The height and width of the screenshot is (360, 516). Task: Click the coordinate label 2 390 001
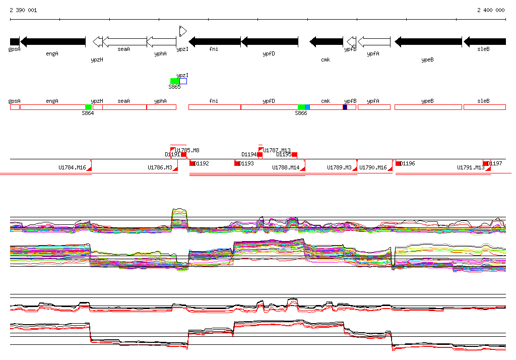(23, 10)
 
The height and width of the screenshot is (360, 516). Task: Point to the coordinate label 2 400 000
(491, 10)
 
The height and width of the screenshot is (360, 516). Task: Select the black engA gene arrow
(53, 42)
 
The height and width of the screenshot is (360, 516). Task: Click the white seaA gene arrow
(124, 42)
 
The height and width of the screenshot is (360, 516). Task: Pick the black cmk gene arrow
(326, 42)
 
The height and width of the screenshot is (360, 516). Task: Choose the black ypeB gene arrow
(428, 42)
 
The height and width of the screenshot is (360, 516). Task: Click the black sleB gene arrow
(485, 42)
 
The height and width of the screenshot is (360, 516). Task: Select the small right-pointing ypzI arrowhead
(183, 31)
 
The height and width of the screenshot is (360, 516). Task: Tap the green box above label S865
(174, 81)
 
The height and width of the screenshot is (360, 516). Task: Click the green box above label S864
(88, 107)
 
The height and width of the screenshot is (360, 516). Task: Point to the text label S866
(301, 113)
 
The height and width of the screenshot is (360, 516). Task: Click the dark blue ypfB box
(345, 107)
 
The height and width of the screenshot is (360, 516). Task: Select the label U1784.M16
(72, 167)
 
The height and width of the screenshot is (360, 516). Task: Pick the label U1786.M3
(160, 167)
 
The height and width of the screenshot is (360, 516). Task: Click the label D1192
(202, 163)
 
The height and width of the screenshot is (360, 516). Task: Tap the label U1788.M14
(286, 167)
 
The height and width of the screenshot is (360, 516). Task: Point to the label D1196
(408, 163)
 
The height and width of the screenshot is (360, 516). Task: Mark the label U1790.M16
(373, 167)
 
